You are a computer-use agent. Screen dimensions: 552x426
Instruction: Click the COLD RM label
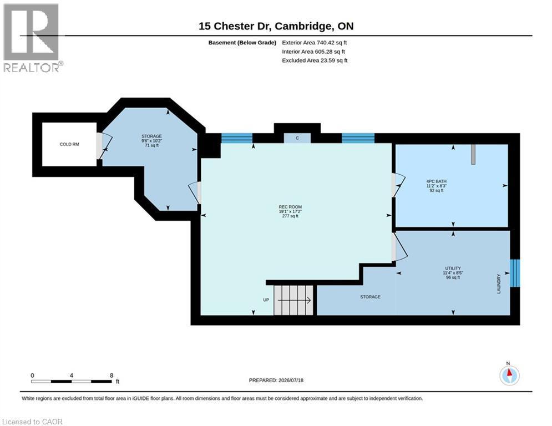coord(69,144)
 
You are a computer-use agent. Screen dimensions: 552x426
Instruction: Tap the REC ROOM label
coord(290,207)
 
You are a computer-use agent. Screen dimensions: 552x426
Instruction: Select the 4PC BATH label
coord(436,182)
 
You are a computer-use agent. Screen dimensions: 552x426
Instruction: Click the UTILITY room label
coord(453,268)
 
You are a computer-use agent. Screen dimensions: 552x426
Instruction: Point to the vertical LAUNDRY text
coord(499,284)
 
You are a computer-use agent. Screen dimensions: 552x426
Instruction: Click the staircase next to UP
coord(293,300)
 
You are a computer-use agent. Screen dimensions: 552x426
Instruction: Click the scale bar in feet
coord(72,381)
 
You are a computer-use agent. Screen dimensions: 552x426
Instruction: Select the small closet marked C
coord(297,138)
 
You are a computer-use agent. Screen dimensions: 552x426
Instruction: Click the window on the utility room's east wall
coord(515,273)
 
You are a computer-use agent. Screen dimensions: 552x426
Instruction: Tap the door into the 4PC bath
coord(398,185)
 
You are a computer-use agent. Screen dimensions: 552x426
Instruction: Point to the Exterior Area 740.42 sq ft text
coord(315,43)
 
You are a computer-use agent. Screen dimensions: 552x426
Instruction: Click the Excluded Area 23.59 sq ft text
coord(315,60)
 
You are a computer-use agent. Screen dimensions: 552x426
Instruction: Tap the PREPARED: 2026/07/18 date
coord(276,380)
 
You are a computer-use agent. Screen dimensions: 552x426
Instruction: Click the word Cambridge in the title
coord(303,27)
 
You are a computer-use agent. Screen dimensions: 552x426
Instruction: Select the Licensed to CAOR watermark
coord(32,422)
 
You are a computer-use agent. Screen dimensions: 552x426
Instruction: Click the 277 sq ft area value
coord(290,216)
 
